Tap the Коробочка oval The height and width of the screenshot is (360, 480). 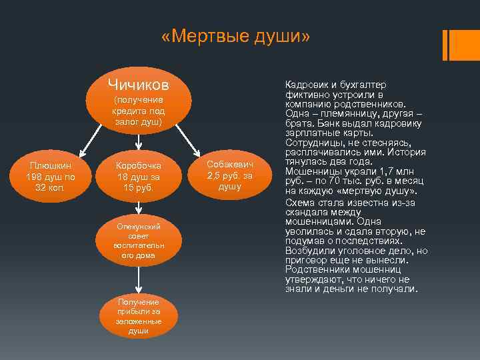click(x=137, y=177)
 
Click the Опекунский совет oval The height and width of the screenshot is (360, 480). click(x=137, y=241)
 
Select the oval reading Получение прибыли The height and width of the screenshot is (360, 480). click(x=137, y=317)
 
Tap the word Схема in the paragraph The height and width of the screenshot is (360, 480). click(x=299, y=202)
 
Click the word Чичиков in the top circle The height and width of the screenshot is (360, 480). click(x=138, y=85)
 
